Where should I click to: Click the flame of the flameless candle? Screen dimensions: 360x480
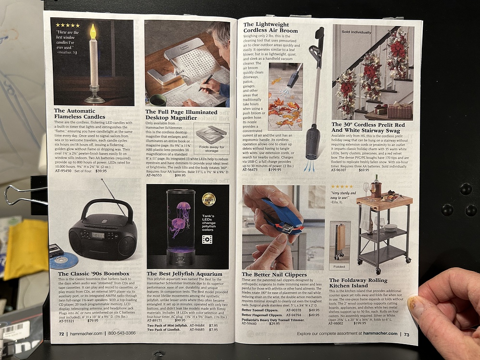(93, 32)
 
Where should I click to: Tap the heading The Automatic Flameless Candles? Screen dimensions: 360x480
(79, 113)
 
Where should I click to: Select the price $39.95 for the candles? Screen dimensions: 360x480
(101, 171)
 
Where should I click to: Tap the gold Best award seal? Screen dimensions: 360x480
(208, 199)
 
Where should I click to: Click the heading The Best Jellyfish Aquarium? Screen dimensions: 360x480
(185, 274)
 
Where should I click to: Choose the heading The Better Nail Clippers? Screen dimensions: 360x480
(274, 274)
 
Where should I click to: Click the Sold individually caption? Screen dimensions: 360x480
(356, 32)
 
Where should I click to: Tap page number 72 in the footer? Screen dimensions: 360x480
(62, 333)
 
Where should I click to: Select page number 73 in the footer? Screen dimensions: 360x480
(406, 334)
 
